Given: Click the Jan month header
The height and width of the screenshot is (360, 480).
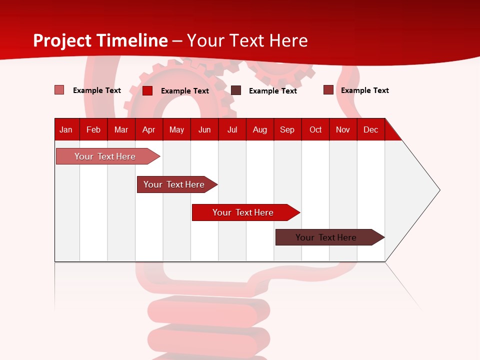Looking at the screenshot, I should pyautogui.click(x=66, y=129).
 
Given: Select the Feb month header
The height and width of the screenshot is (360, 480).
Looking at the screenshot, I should pyautogui.click(x=93, y=129).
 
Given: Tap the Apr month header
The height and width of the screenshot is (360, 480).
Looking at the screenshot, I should pyautogui.click(x=148, y=129).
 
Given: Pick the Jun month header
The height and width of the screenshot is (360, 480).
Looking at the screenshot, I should pyautogui.click(x=204, y=129).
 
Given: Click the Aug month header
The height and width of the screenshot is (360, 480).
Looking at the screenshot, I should pyautogui.click(x=260, y=129).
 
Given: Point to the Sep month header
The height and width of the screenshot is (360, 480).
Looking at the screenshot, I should pyautogui.click(x=287, y=129).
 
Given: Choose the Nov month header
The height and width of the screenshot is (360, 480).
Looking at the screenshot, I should pyautogui.click(x=343, y=129).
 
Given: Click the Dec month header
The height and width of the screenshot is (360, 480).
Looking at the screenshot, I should pyautogui.click(x=370, y=129).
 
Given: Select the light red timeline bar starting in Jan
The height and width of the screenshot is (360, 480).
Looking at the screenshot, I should pyautogui.click(x=105, y=156).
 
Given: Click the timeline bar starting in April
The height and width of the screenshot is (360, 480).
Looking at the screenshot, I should pyautogui.click(x=174, y=184).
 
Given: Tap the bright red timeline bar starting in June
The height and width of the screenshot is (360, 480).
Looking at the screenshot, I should pyautogui.click(x=243, y=212).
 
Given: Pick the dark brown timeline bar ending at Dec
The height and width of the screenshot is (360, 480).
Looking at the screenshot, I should pyautogui.click(x=326, y=237).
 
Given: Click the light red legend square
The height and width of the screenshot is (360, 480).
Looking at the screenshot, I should pyautogui.click(x=59, y=90).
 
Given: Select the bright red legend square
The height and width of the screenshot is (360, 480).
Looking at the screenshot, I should pyautogui.click(x=147, y=90).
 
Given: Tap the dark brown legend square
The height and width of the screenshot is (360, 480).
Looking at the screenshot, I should pyautogui.click(x=236, y=90).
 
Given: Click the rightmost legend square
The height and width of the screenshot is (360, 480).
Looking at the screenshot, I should pyautogui.click(x=328, y=90).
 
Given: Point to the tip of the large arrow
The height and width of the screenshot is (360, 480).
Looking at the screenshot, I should pyautogui.click(x=438, y=190).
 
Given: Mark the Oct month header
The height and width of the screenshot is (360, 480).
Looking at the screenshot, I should pyautogui.click(x=315, y=129).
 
